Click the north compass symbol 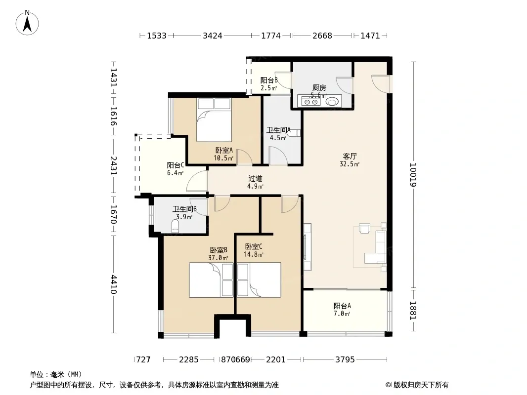[27, 23]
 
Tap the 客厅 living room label [350, 157]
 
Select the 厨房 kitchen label [319, 88]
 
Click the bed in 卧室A [214, 120]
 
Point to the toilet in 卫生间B [176, 226]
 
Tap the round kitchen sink [332, 101]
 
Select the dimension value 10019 [413, 175]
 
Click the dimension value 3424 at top [213, 36]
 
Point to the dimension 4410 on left [114, 284]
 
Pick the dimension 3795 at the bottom [345, 360]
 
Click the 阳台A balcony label [342, 306]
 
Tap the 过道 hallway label [255, 179]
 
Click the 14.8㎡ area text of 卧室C [254, 254]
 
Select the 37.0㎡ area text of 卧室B [218, 258]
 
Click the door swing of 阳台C [197, 181]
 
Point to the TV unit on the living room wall [307, 247]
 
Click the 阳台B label [269, 80]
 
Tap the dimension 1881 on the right [413, 311]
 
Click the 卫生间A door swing [278, 156]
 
